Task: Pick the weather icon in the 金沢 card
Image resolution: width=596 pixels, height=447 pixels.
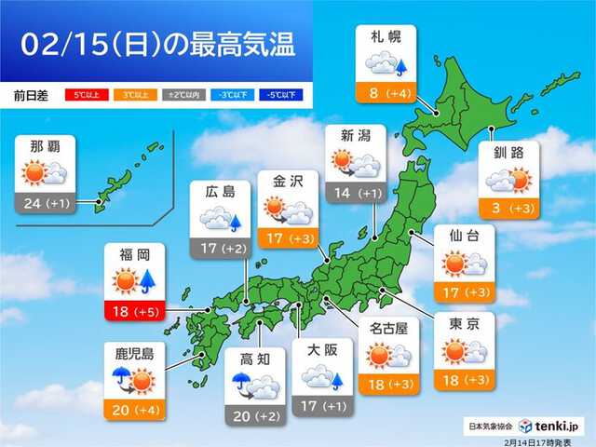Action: coord(288,212)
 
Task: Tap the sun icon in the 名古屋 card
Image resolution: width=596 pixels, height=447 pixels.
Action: coord(379,355)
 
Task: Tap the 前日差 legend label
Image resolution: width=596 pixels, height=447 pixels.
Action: coord(32,95)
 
